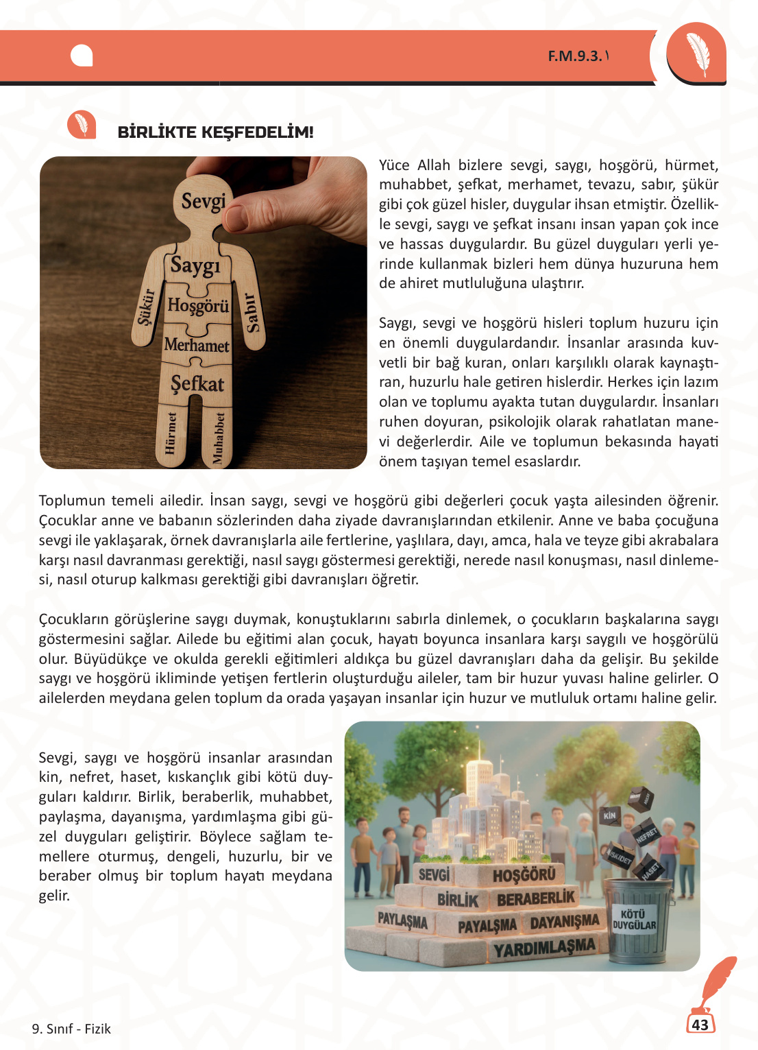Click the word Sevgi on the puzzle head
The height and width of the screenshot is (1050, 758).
click(x=204, y=201)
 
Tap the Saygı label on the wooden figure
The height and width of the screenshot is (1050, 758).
click(x=195, y=265)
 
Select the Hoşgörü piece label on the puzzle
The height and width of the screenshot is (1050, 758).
click(x=198, y=305)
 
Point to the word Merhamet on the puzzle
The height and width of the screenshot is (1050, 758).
click(x=197, y=345)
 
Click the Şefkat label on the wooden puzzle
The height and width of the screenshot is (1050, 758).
click(x=197, y=383)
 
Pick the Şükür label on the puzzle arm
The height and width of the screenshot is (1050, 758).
click(x=146, y=307)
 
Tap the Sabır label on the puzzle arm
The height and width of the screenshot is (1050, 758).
click(x=252, y=313)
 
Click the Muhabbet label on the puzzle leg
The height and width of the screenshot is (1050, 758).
click(x=219, y=438)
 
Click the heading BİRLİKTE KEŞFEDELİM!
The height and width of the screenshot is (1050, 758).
click(x=215, y=132)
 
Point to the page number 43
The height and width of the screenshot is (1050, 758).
click(x=700, y=1025)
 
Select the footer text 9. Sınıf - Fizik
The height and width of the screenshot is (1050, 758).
click(x=71, y=1029)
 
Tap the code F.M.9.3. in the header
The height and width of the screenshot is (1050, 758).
click(x=574, y=56)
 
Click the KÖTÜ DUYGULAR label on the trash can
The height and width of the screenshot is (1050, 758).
click(x=634, y=920)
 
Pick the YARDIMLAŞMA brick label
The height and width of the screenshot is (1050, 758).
click(x=545, y=948)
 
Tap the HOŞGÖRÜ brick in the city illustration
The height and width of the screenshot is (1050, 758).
click(x=524, y=874)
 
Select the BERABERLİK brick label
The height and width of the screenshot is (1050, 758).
click(x=536, y=898)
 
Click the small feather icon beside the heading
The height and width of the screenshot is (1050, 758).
click(x=82, y=125)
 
